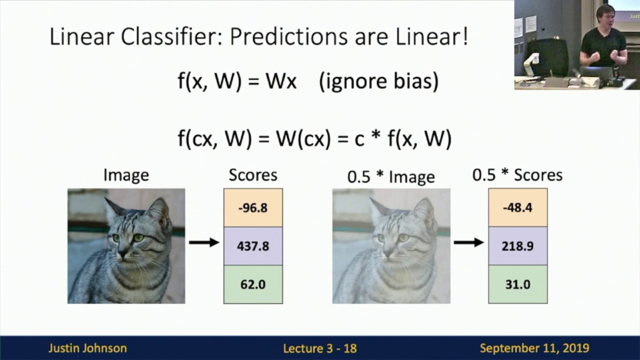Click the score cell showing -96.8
click(253, 207)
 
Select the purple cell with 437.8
click(253, 246)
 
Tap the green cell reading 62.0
click(253, 284)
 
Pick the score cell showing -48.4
click(517, 207)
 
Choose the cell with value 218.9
click(517, 246)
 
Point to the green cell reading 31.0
click(517, 284)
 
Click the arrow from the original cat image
click(204, 242)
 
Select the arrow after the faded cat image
click(469, 242)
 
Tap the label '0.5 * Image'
click(391, 176)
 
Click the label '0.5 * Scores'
click(517, 175)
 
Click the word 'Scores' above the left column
click(253, 175)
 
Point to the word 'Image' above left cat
click(126, 175)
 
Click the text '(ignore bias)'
click(378, 81)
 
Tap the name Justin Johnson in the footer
click(87, 348)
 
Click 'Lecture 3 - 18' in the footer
click(320, 348)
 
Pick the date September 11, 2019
click(534, 348)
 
